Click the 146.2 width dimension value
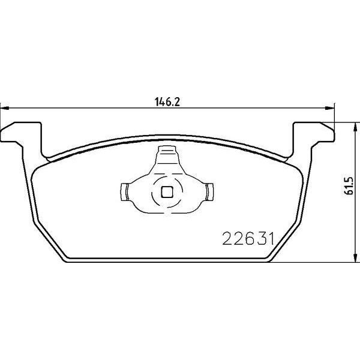pyautogui.click(x=167, y=102)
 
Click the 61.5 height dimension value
pyautogui.click(x=349, y=186)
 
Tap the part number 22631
pyautogui.click(x=248, y=239)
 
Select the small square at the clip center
pyautogui.click(x=167, y=192)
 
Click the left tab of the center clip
pyautogui.click(x=124, y=192)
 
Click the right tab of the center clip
pyautogui.click(x=210, y=192)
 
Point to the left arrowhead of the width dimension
pyautogui.click(x=5, y=108)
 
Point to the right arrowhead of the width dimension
pyautogui.click(x=329, y=108)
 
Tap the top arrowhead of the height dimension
pyautogui.click(x=355, y=127)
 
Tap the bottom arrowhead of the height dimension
pyautogui.click(x=355, y=257)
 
